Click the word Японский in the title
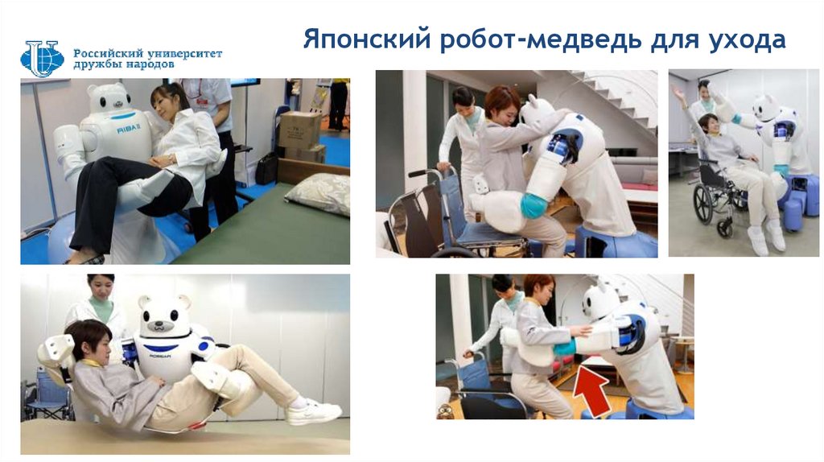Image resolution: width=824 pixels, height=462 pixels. pyautogui.click(x=367, y=40)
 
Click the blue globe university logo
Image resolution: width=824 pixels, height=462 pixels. pyautogui.click(x=42, y=58)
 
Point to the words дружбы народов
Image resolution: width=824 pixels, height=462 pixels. pyautogui.click(x=123, y=64)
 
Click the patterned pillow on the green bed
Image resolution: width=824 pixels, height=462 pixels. pyautogui.click(x=319, y=193)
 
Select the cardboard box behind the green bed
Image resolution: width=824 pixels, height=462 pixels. pyautogui.click(x=300, y=130)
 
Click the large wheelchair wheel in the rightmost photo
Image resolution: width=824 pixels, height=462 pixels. pyautogui.click(x=703, y=204)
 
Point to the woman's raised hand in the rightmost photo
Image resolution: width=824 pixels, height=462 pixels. pyautogui.click(x=678, y=93)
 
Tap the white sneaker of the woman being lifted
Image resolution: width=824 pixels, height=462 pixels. pyautogui.click(x=314, y=411)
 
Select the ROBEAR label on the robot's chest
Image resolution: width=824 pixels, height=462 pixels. pyautogui.click(x=159, y=355)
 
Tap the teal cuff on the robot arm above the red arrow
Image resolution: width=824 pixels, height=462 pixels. pyautogui.click(x=565, y=347)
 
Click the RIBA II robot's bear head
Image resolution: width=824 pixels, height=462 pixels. pyautogui.click(x=109, y=98)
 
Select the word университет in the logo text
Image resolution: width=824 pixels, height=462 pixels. pyautogui.click(x=184, y=53)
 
